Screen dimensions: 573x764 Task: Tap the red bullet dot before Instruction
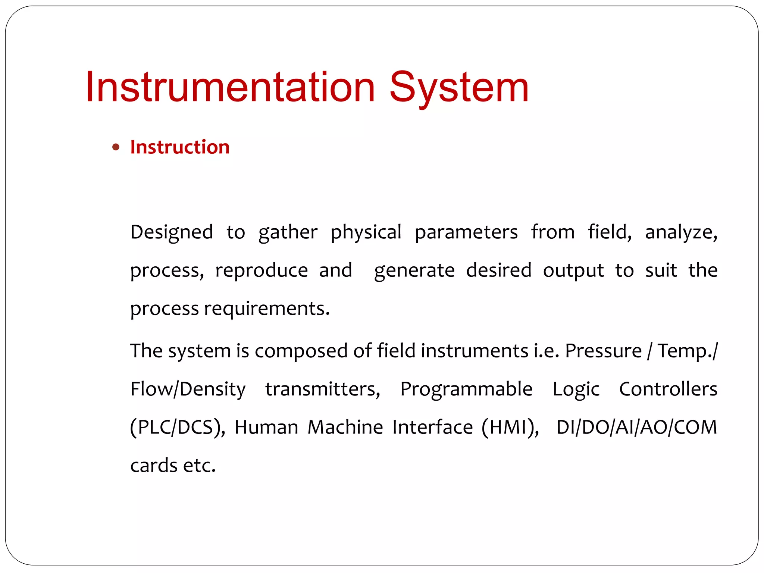[116, 147]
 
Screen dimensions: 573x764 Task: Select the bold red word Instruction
[180, 147]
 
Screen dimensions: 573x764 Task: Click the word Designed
[172, 232]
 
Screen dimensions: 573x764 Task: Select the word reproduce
[262, 270]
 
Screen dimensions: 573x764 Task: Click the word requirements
[267, 309]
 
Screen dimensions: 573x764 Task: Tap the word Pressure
[603, 351]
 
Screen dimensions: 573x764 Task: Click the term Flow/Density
[188, 389]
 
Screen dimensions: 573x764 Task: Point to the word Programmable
[466, 389]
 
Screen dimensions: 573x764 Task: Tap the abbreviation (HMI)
[510, 428]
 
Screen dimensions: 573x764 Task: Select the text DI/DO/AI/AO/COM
[637, 428]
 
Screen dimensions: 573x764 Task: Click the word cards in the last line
[154, 466]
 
